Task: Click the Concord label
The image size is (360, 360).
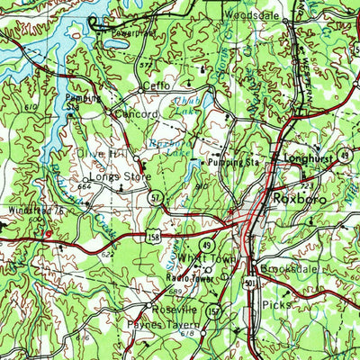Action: point(135,115)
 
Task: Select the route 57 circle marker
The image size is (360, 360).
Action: point(156,196)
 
